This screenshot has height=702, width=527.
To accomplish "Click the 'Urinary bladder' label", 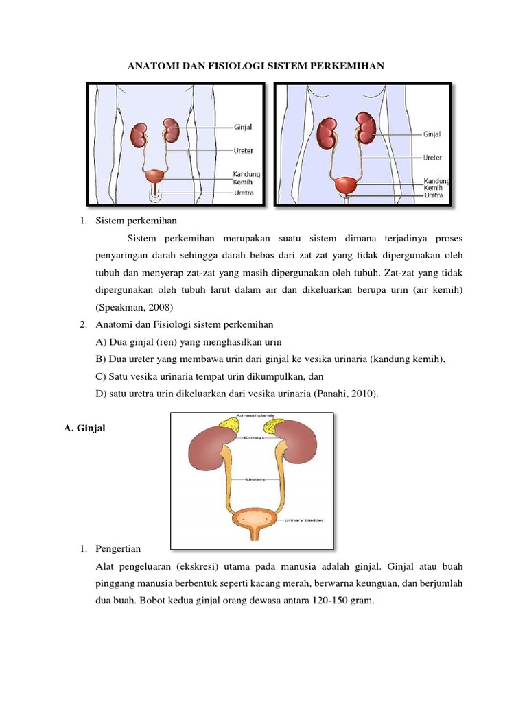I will (x=305, y=522).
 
